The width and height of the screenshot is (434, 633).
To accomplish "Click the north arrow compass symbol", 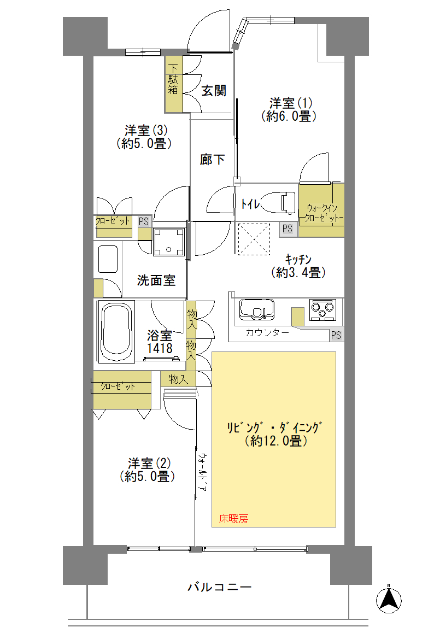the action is [389, 600].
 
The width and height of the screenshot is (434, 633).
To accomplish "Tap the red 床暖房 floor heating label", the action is [233, 519].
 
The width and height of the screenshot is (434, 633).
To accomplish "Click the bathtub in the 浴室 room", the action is [116, 331].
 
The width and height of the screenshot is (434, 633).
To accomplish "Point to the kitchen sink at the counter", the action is [257, 310].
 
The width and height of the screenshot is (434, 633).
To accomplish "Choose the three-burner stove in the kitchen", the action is [322, 309].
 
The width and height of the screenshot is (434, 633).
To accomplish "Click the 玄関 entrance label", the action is [214, 90].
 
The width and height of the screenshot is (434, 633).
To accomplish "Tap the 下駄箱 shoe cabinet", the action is [174, 84].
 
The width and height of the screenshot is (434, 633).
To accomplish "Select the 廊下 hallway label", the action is [212, 160].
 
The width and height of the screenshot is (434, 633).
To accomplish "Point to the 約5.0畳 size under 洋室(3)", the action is [144, 144].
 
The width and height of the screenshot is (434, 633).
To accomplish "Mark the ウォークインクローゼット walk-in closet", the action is [321, 210].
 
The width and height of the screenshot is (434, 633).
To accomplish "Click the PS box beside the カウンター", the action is [337, 335].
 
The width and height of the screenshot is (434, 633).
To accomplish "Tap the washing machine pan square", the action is [169, 242].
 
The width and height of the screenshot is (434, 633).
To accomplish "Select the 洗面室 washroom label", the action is [156, 280].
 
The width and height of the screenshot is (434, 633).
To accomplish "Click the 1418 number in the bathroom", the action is [160, 348].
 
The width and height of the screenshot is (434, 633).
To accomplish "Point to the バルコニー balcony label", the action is [219, 586].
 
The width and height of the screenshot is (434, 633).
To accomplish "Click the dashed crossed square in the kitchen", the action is [254, 239].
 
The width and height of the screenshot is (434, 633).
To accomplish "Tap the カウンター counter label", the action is [267, 333].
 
